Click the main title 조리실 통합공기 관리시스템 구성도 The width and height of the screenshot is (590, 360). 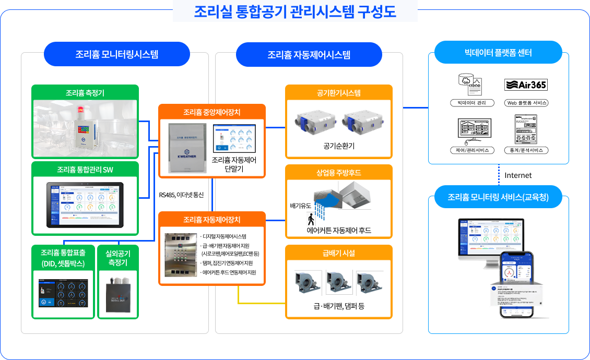[295, 11]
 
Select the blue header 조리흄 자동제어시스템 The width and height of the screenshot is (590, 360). [309, 54]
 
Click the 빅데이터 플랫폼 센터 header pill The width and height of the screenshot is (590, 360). [498, 53]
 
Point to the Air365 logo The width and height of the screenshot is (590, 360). [526, 85]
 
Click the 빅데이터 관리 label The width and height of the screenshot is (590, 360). [471, 103]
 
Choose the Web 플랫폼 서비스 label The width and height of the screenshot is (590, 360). [526, 103]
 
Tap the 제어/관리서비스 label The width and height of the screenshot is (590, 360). [471, 150]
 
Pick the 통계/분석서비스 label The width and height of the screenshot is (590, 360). [526, 150]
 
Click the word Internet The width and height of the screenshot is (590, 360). [518, 175]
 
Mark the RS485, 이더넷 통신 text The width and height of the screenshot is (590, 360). [181, 195]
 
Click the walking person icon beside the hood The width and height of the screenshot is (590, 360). [310, 219]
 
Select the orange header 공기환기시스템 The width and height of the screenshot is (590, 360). [338, 93]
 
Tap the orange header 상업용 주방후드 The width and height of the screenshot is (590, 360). [338, 173]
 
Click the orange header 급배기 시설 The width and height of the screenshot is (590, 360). [338, 253]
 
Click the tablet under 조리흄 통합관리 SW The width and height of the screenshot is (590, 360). [85, 205]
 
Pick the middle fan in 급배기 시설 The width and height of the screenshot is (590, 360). [339, 282]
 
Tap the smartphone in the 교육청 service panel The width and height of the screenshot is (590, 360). [517, 284]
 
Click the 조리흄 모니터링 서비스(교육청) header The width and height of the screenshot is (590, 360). [498, 198]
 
